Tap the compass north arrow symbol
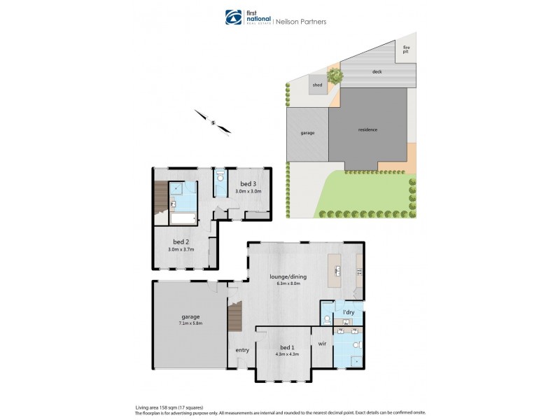(211, 121)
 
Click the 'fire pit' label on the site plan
(405, 50)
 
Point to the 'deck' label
(377, 71)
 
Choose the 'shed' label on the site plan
(317, 85)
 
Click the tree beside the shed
(335, 73)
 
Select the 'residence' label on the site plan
(367, 129)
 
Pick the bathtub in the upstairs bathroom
(183, 219)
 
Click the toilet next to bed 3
(220, 176)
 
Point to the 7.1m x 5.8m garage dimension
(189, 323)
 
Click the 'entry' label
(242, 350)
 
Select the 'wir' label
(323, 344)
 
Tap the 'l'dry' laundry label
(347, 311)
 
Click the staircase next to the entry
(234, 318)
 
